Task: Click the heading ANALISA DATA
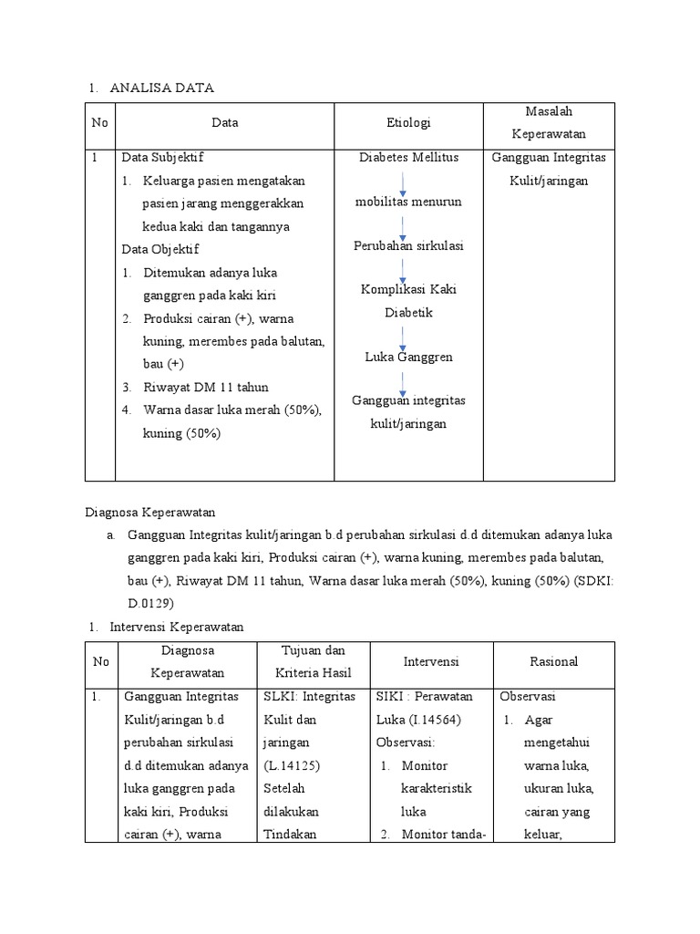click(161, 88)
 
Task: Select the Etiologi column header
click(408, 122)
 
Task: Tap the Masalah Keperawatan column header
click(549, 122)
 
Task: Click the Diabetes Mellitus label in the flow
click(408, 157)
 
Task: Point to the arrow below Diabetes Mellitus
click(402, 183)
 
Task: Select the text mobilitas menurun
click(408, 202)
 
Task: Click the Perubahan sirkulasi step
click(408, 246)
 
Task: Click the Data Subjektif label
click(169, 157)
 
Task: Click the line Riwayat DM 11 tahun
click(205, 387)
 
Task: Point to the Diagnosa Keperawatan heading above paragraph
click(149, 513)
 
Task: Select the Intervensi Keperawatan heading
click(177, 628)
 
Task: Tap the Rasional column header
click(554, 661)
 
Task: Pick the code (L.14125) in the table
click(288, 765)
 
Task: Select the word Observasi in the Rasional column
click(528, 696)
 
